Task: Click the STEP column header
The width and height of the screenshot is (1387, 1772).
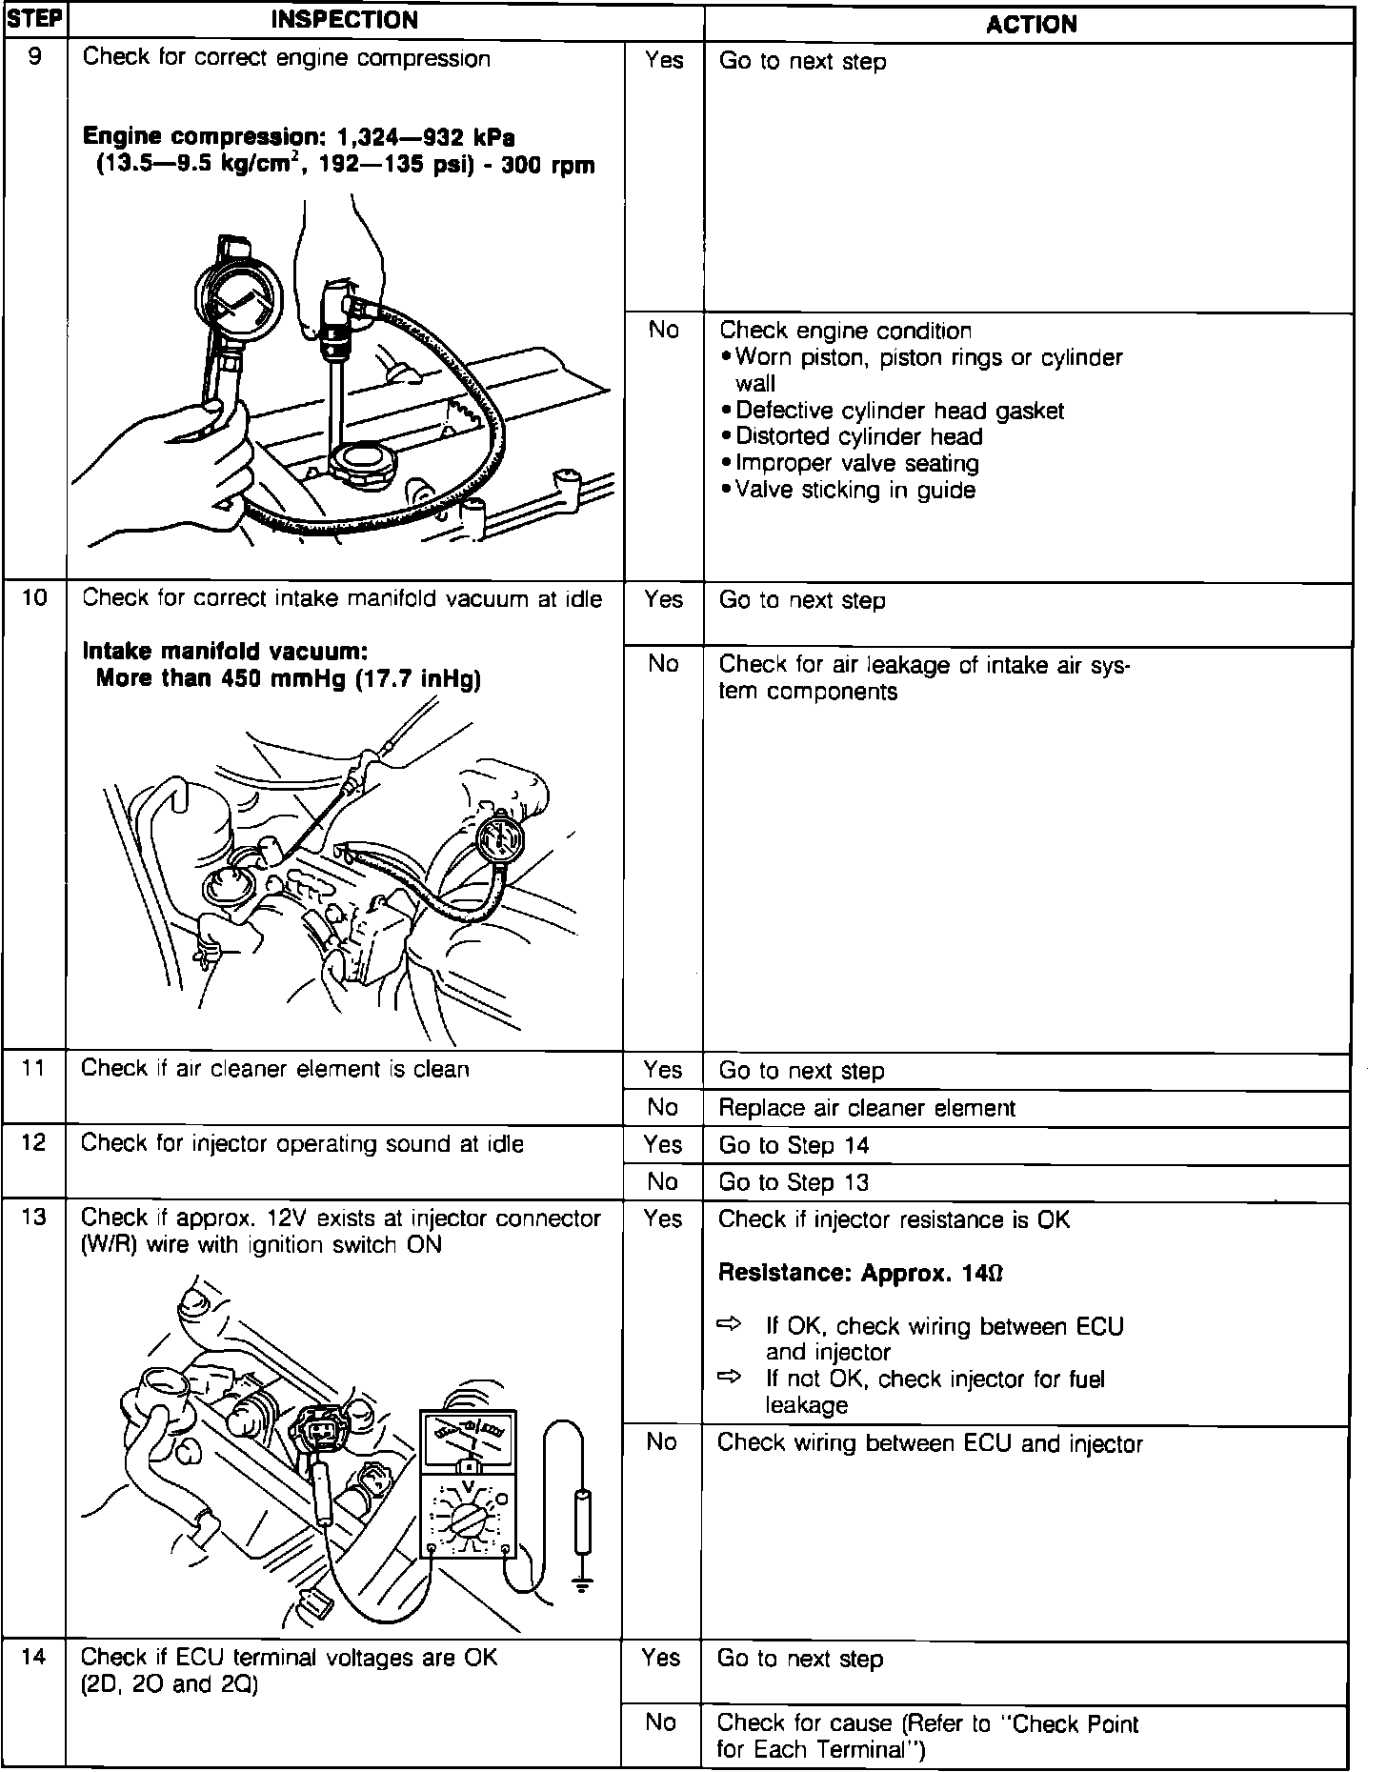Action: [x=34, y=20]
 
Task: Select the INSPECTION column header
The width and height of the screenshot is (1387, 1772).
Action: [x=345, y=20]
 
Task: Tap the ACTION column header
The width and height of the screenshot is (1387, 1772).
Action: [x=1031, y=24]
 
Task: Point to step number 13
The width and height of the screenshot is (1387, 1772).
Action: [x=34, y=1218]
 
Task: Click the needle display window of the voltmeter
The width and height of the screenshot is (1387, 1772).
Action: [x=468, y=1433]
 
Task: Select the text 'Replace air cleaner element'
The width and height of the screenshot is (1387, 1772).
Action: [x=867, y=1108]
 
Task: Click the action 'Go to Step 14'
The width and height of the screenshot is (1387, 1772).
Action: [x=794, y=1145]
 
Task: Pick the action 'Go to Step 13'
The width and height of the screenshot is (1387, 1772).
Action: [x=794, y=1182]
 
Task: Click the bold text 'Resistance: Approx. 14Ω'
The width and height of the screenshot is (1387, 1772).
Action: [x=860, y=1273]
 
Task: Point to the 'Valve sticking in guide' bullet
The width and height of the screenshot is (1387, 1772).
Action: [x=854, y=490]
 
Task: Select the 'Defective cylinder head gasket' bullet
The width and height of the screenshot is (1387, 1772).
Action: [x=898, y=411]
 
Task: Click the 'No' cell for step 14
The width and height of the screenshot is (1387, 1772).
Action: [x=660, y=1722]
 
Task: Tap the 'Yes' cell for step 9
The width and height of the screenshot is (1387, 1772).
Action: [x=663, y=61]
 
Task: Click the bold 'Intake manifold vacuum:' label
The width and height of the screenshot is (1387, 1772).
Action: [x=225, y=652]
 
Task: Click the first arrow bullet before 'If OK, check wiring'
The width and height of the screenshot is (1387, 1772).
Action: [x=729, y=1324]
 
